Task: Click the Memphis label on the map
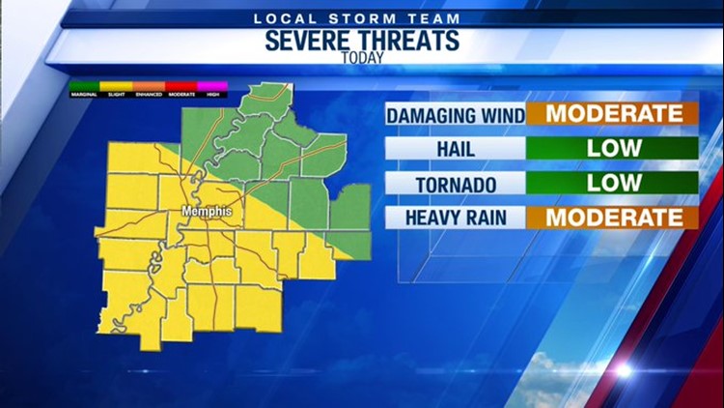[208, 211]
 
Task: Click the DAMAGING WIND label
[456, 115]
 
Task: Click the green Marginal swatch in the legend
[83, 87]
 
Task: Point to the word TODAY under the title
[362, 58]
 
